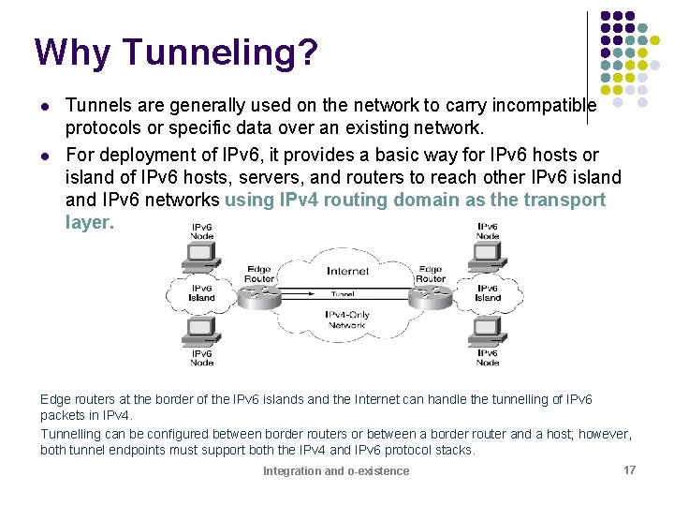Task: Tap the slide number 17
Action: coord(629,469)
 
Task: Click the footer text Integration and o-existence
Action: coord(336,470)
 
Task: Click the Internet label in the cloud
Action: coord(347,271)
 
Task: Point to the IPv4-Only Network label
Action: coord(346,320)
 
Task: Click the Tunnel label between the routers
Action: coord(345,293)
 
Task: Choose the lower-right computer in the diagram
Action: coord(488,333)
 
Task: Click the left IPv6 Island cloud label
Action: coord(201,293)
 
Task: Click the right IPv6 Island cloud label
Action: coord(488,293)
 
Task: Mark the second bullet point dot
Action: coord(44,155)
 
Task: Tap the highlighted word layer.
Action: coord(90,222)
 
